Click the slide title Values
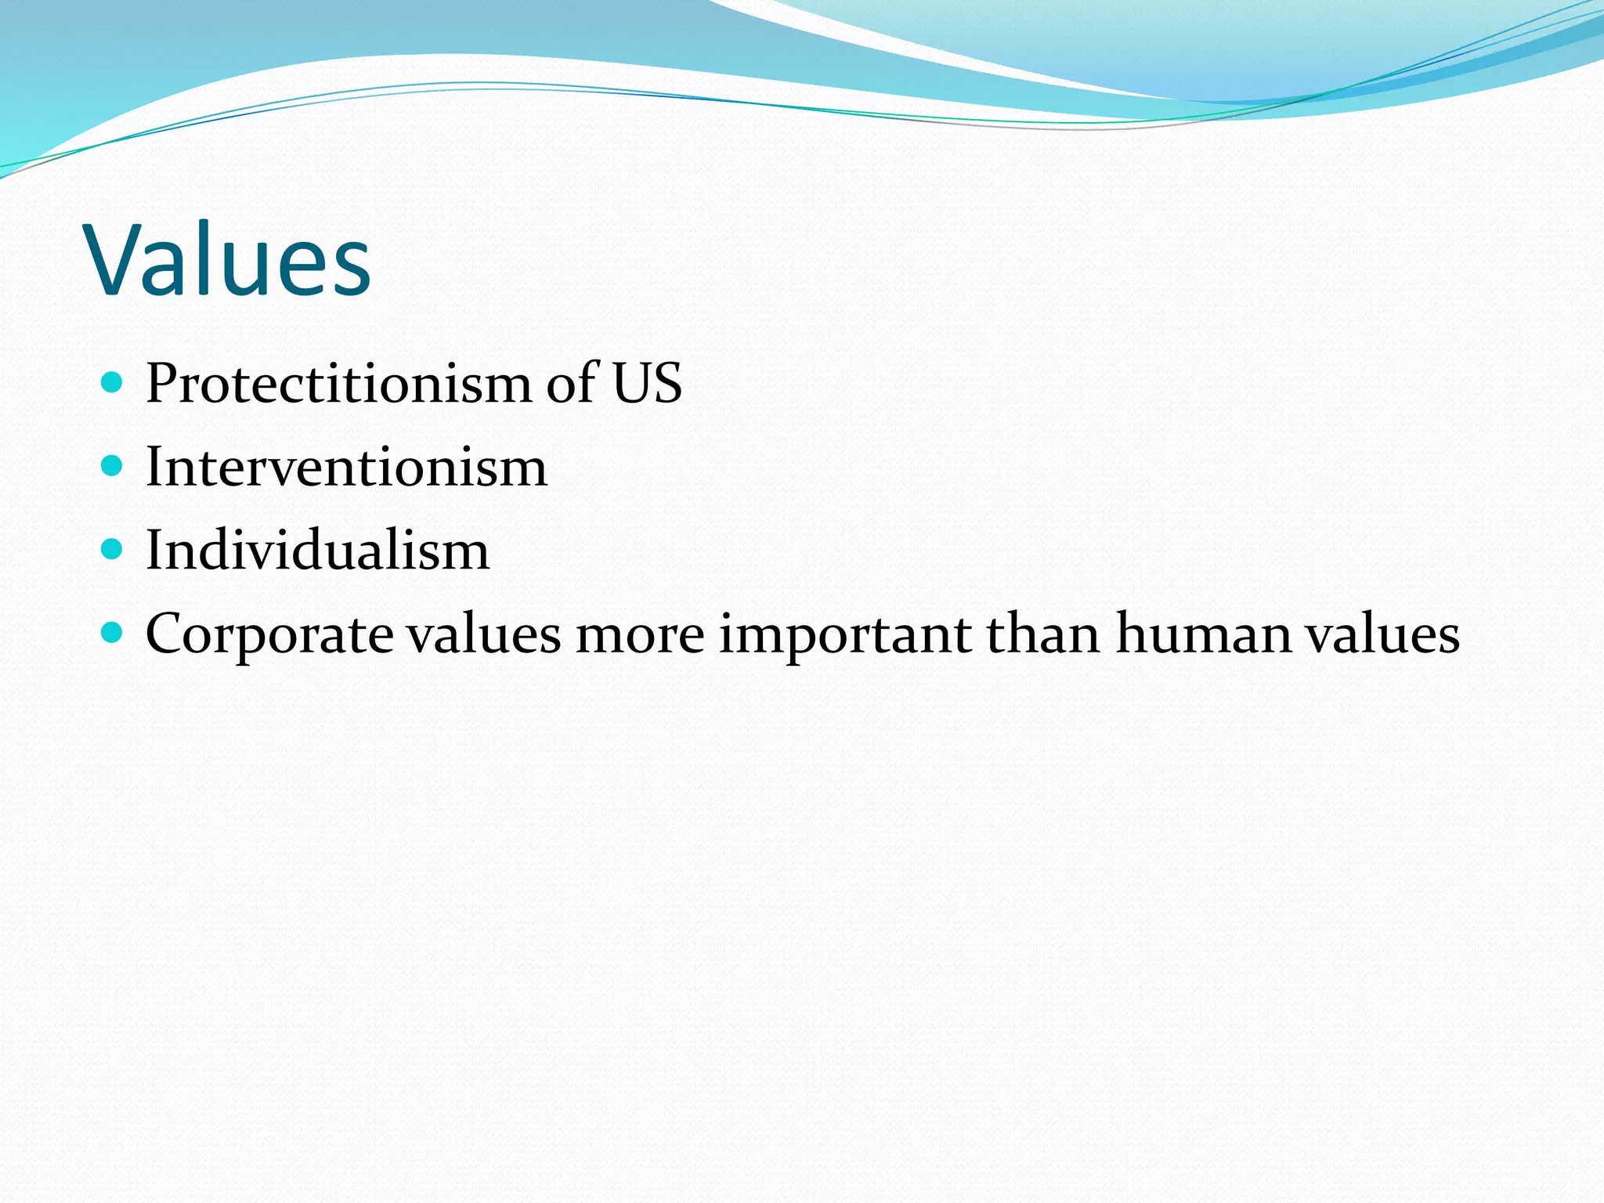[229, 261]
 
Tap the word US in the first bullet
[647, 384]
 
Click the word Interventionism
[346, 468]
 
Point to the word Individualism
[317, 551]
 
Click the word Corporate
[269, 634]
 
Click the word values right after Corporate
[484, 634]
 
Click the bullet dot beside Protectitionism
[113, 383]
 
